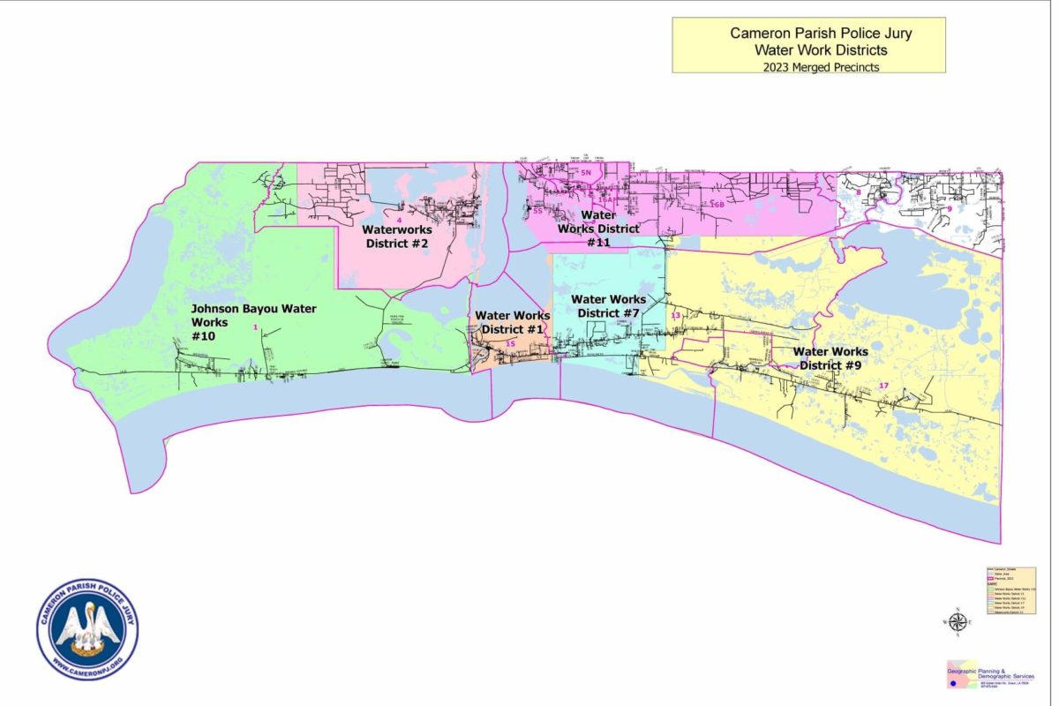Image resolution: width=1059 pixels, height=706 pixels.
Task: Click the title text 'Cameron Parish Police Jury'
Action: click(808, 33)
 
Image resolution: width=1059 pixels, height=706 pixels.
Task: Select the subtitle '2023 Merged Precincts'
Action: click(808, 66)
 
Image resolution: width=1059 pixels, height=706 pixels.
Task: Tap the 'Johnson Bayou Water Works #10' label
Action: click(253, 322)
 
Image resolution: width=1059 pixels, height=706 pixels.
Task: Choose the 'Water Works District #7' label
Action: click(608, 306)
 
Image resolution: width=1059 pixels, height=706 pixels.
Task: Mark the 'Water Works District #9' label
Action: click(830, 357)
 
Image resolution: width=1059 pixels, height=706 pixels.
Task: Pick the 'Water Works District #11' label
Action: click(597, 228)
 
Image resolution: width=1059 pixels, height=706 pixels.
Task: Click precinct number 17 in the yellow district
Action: click(884, 386)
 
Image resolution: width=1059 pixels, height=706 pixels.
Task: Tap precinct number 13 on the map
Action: click(675, 316)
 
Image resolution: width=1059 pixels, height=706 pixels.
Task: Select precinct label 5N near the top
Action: click(585, 173)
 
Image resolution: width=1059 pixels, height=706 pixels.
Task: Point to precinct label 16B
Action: click(716, 205)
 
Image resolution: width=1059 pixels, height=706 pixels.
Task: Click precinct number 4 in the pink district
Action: click(399, 220)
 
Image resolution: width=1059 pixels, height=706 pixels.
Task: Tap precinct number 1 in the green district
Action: click(255, 327)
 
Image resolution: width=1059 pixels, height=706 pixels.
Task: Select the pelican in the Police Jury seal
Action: click(86, 628)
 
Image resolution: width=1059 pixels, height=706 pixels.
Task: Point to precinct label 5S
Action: click(537, 212)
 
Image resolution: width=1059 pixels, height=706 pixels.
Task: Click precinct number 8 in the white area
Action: click(859, 192)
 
